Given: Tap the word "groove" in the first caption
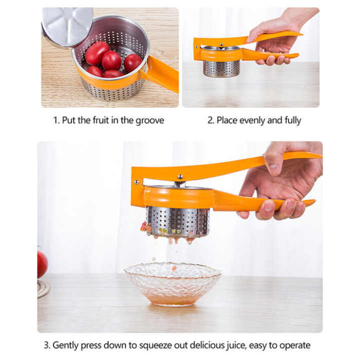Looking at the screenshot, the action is pos(150,121).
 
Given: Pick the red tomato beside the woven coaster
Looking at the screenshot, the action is pos(42,264).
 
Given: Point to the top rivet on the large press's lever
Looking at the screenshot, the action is pos(180,176).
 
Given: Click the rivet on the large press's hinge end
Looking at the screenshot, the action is pos(137,182).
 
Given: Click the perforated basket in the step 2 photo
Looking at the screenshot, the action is pos(222,68).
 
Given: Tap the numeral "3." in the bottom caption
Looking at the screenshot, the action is pos(47,345).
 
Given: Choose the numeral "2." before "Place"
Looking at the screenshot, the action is pos(211,120).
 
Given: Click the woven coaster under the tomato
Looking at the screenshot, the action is pos(43,289).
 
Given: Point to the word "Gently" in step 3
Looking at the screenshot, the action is pos(65,346).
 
